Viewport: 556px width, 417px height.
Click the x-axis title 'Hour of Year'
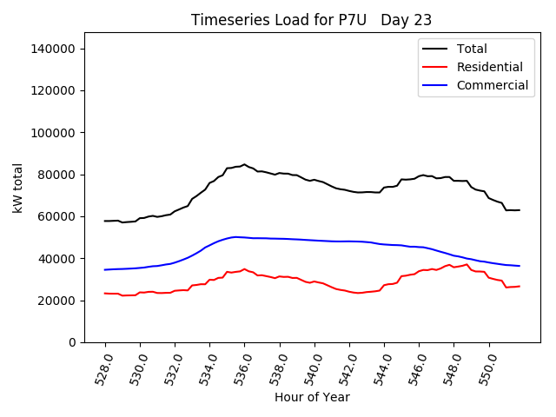pyautogui.click(x=312, y=397)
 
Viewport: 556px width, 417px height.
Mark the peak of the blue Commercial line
pyautogui.click(x=235, y=236)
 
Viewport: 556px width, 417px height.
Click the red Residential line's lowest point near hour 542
pyautogui.click(x=357, y=293)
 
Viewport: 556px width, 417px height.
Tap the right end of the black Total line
pyautogui.click(x=520, y=210)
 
